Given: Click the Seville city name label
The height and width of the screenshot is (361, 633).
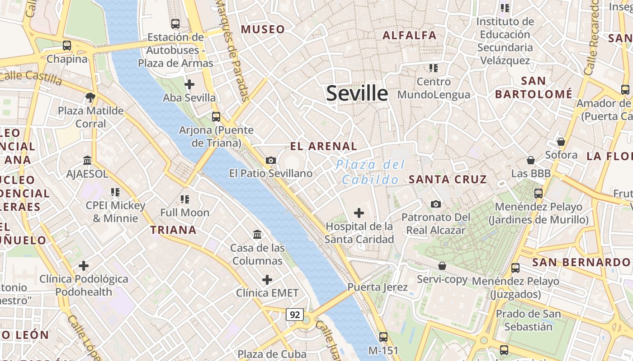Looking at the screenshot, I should pos(357,93).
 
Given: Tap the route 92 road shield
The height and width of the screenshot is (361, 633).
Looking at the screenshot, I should pos(294,315).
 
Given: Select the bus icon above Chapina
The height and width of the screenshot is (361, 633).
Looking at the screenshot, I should pos(67,45).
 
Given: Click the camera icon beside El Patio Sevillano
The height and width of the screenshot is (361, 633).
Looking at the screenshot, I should pos(271,160).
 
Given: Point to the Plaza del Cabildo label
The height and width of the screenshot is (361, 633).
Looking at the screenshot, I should pos(371,172).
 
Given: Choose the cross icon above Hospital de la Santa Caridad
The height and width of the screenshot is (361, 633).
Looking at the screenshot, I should pos(359,213).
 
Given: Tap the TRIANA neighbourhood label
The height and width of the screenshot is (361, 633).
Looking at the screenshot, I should pos(173,230).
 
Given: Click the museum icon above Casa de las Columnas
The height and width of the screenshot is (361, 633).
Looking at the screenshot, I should pos(258,234).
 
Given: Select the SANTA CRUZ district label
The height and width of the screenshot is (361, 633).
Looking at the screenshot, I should pos(448,179).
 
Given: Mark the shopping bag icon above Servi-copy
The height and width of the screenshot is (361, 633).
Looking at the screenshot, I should pos(442,266).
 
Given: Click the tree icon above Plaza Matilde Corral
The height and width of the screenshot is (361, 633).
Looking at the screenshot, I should pos(90,97).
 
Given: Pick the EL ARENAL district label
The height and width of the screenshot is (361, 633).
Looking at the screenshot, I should pos(323,146).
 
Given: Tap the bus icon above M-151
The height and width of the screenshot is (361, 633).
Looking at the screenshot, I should pos(383,337).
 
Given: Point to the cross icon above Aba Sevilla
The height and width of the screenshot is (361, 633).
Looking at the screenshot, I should pos(189,84).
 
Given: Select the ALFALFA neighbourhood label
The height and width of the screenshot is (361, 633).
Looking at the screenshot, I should pos(410,35).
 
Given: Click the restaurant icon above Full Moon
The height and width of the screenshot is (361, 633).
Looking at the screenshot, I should pos(184,199).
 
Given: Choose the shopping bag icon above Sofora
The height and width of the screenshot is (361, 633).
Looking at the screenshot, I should pos(561,142).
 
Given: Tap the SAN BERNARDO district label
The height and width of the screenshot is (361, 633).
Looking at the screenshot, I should pos(581,262).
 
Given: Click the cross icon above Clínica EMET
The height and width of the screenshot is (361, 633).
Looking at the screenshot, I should pos(267,280).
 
